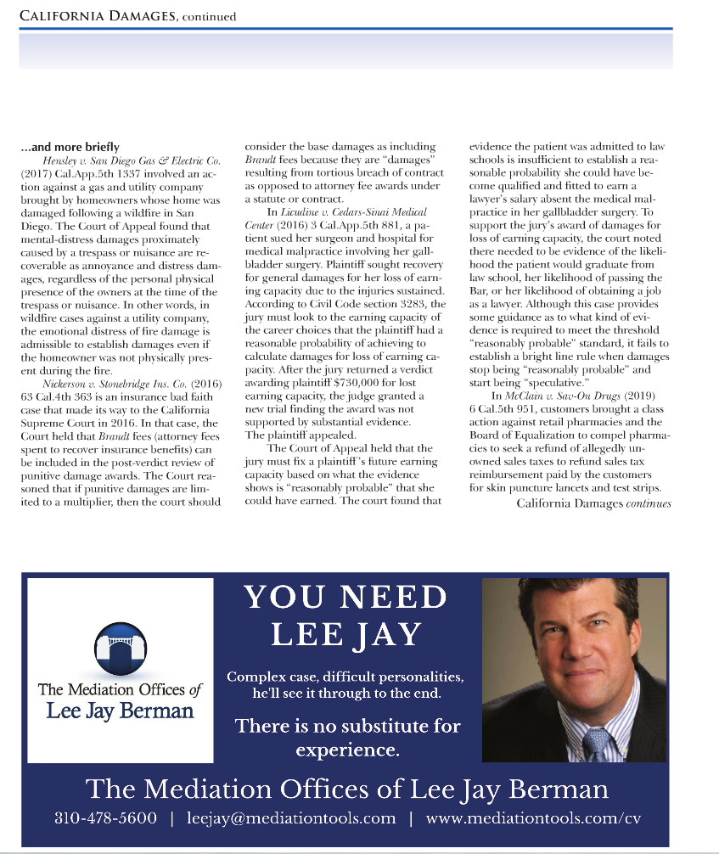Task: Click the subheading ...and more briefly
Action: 70,147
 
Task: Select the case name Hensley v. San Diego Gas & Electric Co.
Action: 132,160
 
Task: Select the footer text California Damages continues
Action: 593,503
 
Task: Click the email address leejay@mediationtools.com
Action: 291,818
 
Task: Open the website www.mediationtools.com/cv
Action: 532,818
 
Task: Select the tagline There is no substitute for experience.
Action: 347,738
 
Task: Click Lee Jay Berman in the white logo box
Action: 120,711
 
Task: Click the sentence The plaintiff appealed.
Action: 287,435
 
